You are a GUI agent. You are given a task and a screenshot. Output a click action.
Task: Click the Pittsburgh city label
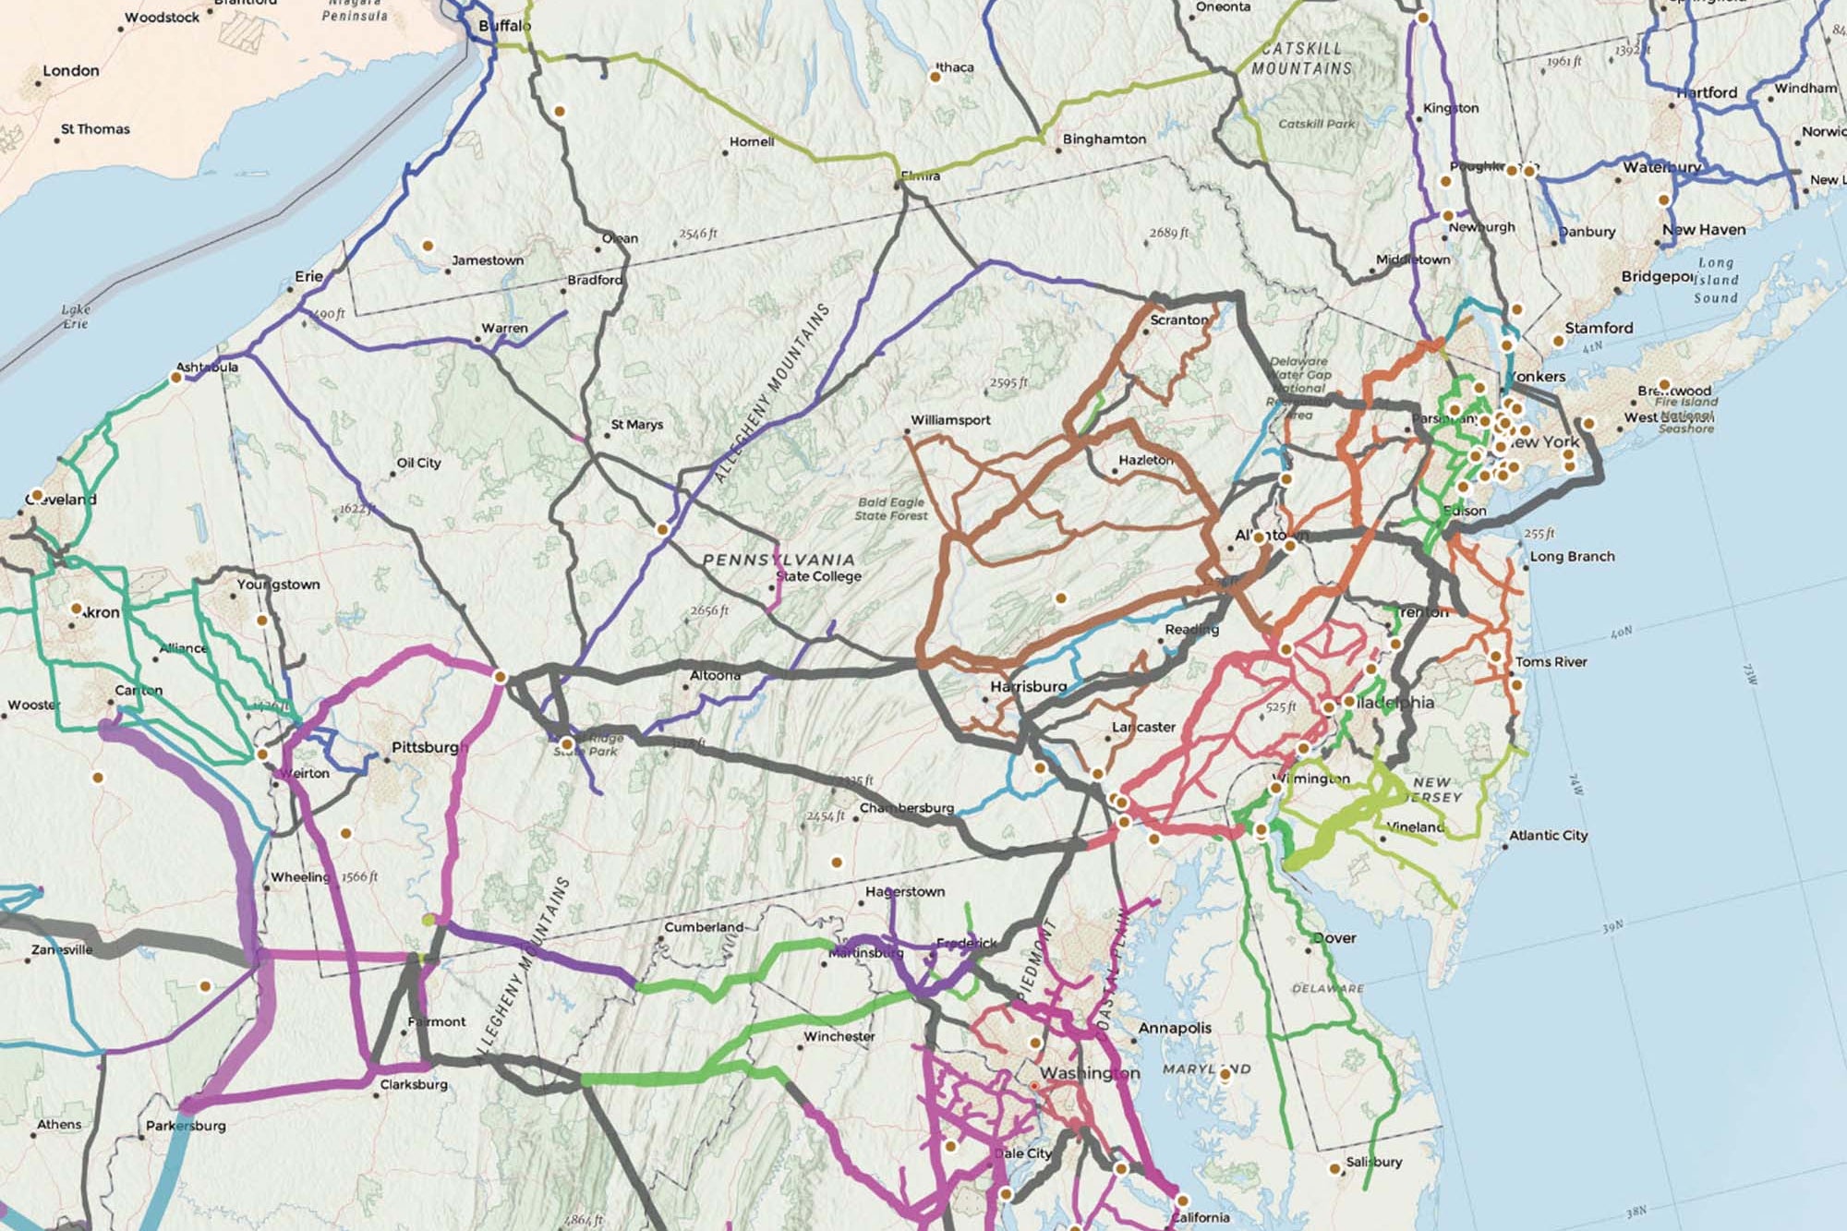(x=429, y=746)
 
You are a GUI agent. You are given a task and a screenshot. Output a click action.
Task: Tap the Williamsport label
(x=950, y=420)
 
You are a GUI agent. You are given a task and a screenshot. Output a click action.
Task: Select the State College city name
(x=819, y=576)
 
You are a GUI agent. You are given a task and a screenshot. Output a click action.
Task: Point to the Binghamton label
(x=1105, y=139)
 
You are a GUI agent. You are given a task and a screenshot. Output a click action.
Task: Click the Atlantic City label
(x=1549, y=836)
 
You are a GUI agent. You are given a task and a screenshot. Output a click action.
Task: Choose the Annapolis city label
(x=1175, y=1028)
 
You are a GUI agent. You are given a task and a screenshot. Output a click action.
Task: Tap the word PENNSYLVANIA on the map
(x=779, y=560)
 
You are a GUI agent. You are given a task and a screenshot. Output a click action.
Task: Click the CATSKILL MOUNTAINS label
(x=1302, y=58)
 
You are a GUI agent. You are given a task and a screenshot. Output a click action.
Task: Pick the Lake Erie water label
(x=76, y=317)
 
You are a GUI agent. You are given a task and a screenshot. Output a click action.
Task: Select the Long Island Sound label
(x=1716, y=280)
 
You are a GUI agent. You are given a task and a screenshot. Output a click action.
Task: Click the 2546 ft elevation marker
(x=698, y=234)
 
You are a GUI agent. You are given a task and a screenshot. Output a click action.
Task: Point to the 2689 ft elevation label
(x=1169, y=233)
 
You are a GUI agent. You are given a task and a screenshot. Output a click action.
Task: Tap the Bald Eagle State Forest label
(x=891, y=509)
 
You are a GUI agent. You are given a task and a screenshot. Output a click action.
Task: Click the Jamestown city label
(x=488, y=260)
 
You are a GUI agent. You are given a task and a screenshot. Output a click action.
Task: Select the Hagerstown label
(x=905, y=892)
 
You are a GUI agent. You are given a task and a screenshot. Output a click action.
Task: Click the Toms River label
(x=1551, y=662)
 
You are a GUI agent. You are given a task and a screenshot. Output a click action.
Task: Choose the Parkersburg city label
(x=186, y=1126)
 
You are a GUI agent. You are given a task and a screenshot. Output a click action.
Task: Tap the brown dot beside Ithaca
(x=935, y=78)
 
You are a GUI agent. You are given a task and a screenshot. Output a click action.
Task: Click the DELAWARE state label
(x=1328, y=988)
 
